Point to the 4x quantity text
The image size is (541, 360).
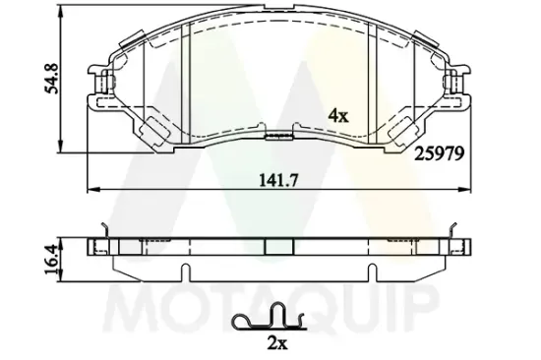337,115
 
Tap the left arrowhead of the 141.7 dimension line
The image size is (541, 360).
91,188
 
